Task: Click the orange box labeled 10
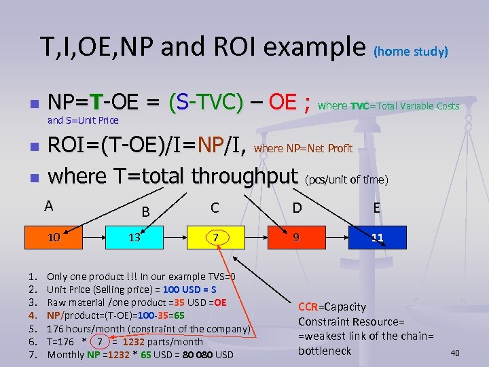point(54,238)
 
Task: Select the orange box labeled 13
point(134,238)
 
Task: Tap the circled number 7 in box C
point(215,238)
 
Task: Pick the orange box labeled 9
point(295,238)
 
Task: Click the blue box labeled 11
point(377,238)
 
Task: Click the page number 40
point(455,353)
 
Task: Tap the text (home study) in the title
point(411,52)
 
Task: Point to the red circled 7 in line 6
point(99,342)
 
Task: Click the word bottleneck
point(325,351)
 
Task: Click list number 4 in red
point(32,315)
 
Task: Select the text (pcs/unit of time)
point(346,180)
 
